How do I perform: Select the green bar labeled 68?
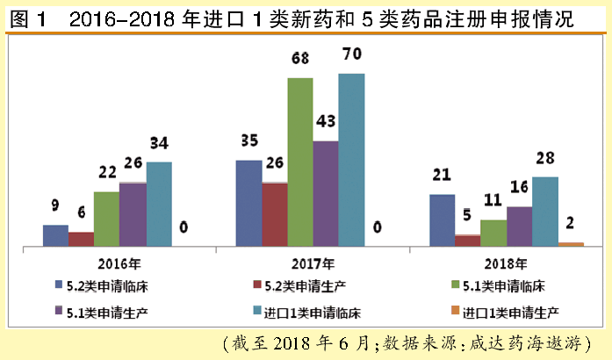pyautogui.click(x=300, y=162)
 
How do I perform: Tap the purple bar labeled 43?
pyautogui.click(x=326, y=193)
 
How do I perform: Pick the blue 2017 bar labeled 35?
pyautogui.click(x=248, y=203)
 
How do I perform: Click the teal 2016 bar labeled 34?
pyautogui.click(x=159, y=204)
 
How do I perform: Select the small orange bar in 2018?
pyautogui.click(x=571, y=244)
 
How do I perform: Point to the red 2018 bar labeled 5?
pyautogui.click(x=467, y=241)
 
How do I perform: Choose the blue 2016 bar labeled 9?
pyautogui.click(x=55, y=235)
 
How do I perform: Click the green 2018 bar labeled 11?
pyautogui.click(x=493, y=233)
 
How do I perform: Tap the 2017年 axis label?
pyautogui.click(x=313, y=263)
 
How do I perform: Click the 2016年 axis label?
pyautogui.click(x=120, y=263)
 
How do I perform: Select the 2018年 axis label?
pyautogui.click(x=507, y=263)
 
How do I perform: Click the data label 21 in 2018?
pyautogui.click(x=441, y=174)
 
